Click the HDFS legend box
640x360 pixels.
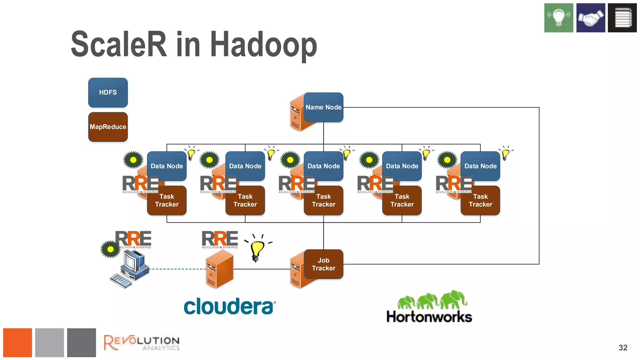click(108, 92)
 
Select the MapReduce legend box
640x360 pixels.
click(108, 127)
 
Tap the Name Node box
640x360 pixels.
click(323, 107)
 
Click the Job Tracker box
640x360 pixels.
click(323, 264)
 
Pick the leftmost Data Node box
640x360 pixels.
click(167, 166)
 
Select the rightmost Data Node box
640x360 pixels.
click(480, 166)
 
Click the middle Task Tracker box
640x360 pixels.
click(323, 200)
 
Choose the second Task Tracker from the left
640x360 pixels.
click(245, 200)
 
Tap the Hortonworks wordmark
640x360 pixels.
click(429, 317)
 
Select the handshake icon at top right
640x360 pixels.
click(591, 18)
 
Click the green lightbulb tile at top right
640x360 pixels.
click(559, 18)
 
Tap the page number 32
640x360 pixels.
click(623, 347)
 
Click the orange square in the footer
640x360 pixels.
click(17, 342)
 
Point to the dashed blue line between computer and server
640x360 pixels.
click(177, 269)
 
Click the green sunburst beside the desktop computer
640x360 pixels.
click(110, 249)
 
